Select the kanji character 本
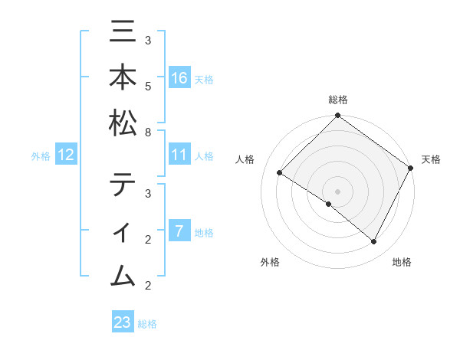tap(123, 78)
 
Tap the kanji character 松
tap(123, 123)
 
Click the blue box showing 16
tap(179, 77)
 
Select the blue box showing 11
tap(179, 155)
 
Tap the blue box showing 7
tap(179, 231)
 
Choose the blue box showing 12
tap(66, 155)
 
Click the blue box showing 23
tap(123, 322)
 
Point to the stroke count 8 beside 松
tap(148, 132)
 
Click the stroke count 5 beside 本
tap(148, 86)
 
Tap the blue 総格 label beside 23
tap(147, 324)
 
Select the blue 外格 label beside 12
tap(41, 156)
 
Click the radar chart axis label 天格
tap(431, 159)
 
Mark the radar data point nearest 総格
tap(337, 116)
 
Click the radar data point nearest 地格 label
tap(374, 242)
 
